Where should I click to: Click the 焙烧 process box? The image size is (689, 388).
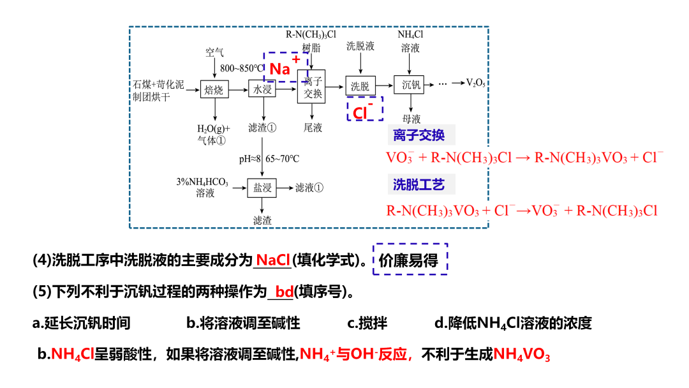[x=214, y=90]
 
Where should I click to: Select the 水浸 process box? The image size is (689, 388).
[x=262, y=90]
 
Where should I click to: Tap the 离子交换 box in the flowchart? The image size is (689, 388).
[x=312, y=87]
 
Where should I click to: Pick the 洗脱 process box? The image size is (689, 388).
[x=360, y=86]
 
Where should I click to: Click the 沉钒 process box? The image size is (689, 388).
[x=408, y=85]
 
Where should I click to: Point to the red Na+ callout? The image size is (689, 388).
[x=285, y=67]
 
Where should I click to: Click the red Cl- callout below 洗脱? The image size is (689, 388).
[x=364, y=110]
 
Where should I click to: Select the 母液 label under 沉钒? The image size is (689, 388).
[x=411, y=119]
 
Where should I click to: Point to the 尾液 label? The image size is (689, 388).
[x=313, y=128]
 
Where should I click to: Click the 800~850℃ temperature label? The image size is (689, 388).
[x=242, y=68]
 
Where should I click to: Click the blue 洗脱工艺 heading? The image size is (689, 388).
[x=419, y=185]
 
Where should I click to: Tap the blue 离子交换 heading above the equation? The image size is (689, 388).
[x=419, y=135]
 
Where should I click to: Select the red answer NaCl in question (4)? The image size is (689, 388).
[x=273, y=260]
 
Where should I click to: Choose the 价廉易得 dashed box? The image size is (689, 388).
[x=410, y=260]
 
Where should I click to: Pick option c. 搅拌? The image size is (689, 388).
[x=367, y=323]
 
